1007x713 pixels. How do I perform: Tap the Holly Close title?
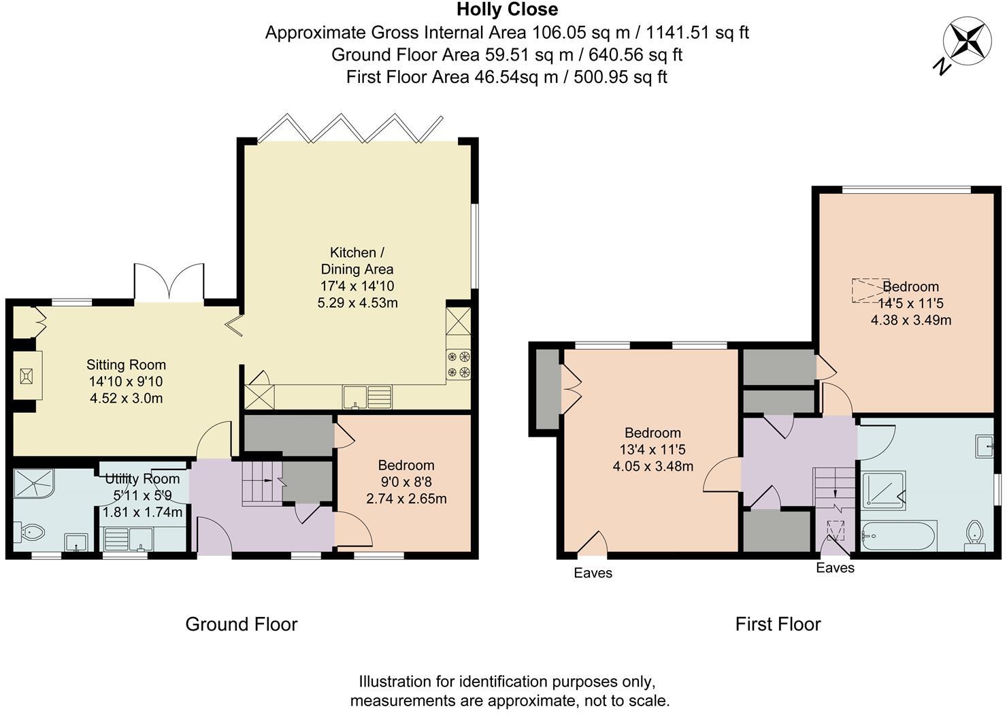(507, 10)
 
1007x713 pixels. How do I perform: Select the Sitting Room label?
(126, 365)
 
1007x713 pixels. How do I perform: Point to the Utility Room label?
(142, 479)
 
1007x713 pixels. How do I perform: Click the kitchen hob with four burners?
(458, 364)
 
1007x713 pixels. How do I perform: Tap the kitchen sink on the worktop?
(367, 397)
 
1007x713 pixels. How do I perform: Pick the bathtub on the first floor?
(898, 535)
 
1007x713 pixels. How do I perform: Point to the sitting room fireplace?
(27, 376)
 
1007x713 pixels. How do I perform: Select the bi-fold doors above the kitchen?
(350, 129)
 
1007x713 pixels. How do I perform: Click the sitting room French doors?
(169, 282)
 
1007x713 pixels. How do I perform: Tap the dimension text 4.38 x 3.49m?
(910, 320)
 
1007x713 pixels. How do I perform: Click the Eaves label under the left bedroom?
(593, 573)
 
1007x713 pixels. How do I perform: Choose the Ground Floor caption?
(241, 624)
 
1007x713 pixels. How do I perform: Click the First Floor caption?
(778, 624)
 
